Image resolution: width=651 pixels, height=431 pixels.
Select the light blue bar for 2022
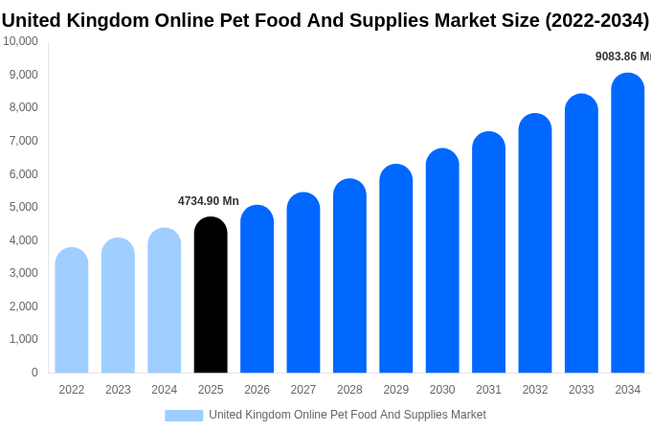click(72, 310)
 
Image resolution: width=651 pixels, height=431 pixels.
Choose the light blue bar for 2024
click(165, 301)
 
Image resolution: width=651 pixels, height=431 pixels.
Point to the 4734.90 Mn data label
click(209, 201)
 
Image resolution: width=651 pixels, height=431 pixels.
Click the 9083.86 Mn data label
click(622, 57)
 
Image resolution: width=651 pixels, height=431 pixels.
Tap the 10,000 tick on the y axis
click(20, 41)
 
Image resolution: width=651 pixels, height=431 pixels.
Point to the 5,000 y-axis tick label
click(23, 207)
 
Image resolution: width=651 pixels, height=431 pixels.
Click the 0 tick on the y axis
click(34, 373)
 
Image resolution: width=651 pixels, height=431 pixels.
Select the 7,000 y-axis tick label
click(23, 141)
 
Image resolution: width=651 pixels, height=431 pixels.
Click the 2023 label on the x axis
click(118, 390)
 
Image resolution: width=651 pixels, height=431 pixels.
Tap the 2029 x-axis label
click(396, 390)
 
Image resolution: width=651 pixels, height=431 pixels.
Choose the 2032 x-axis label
click(535, 390)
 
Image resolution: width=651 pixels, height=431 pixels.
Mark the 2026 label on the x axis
click(257, 390)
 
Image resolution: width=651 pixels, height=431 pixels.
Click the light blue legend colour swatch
click(184, 416)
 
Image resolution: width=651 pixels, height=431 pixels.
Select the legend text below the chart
click(348, 415)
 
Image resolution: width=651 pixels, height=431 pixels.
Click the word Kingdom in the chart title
click(107, 20)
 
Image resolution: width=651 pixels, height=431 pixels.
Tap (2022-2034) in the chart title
click(596, 20)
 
